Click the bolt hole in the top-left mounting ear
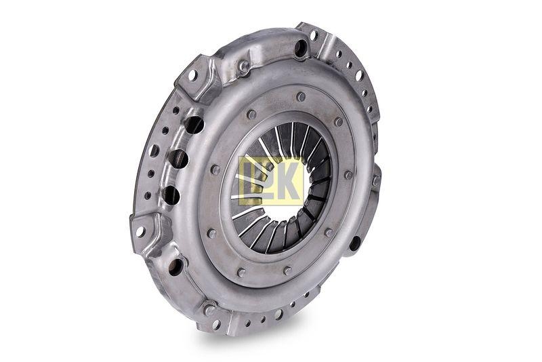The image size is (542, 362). click(x=192, y=75)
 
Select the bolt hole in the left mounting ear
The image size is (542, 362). click(x=140, y=231)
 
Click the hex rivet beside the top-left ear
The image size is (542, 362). click(x=242, y=66)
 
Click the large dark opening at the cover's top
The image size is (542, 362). click(x=300, y=47)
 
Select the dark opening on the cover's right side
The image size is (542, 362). click(x=354, y=243)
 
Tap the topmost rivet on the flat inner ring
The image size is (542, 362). click(x=301, y=96)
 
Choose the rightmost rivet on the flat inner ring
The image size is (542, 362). click(x=348, y=175)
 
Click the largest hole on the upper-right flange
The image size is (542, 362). click(x=358, y=75)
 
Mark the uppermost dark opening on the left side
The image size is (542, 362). click(x=194, y=125)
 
